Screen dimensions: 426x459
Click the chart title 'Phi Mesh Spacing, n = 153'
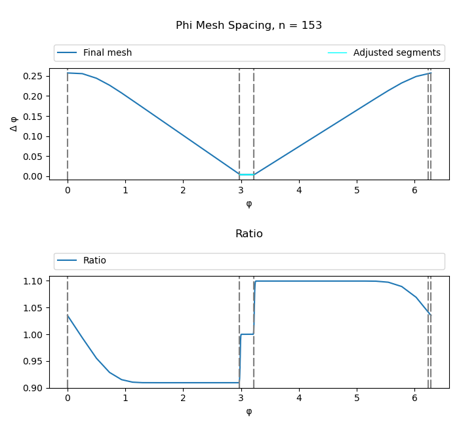[x=249, y=26]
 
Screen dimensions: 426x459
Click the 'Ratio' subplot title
[x=249, y=234]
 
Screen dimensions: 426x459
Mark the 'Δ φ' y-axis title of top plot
[x=14, y=124]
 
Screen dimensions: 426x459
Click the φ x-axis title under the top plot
[x=249, y=204]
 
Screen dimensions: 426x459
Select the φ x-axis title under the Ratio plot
[x=249, y=412]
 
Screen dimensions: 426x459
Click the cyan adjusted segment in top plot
[x=247, y=174]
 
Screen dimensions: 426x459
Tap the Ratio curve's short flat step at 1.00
[x=247, y=334]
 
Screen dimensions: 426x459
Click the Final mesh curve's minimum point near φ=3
[x=240, y=174]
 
